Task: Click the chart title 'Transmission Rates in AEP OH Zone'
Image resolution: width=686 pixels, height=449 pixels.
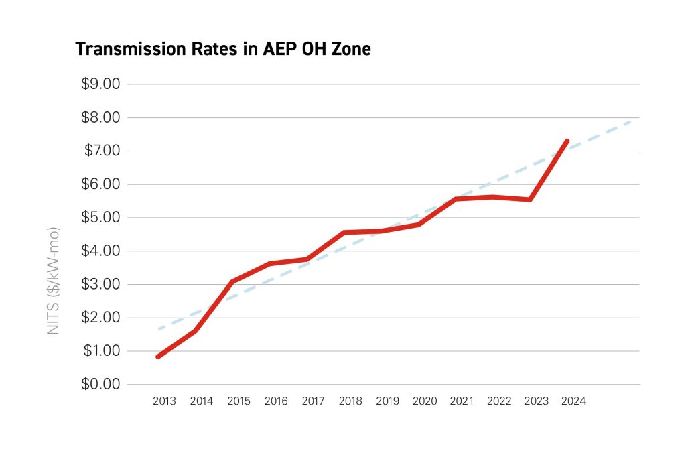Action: pos(222,49)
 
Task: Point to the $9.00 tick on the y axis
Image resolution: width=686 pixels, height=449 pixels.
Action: pos(101,84)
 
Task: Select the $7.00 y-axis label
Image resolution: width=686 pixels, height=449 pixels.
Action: pos(101,151)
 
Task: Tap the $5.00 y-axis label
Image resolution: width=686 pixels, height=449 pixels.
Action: pos(101,218)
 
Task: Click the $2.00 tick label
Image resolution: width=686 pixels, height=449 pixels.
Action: pos(101,318)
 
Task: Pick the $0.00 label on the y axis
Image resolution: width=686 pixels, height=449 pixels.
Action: pos(101,385)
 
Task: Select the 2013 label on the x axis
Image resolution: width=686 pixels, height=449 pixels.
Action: pos(164,402)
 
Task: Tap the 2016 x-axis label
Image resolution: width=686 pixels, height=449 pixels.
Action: pos(276,402)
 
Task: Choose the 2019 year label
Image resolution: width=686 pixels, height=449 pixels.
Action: pos(388,402)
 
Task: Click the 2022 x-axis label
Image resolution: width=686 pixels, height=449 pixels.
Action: pos(499,402)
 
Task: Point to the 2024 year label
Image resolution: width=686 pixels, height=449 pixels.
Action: pos(574,402)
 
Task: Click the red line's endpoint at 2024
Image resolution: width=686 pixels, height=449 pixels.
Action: pos(567,141)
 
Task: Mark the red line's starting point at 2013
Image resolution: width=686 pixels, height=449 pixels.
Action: pos(158,357)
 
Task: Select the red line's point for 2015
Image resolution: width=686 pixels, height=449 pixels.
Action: pos(232,281)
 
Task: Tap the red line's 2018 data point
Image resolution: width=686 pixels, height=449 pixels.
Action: pos(344,233)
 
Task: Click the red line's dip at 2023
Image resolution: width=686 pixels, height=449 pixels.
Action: pos(530,200)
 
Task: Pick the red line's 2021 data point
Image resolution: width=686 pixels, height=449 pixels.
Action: pos(456,199)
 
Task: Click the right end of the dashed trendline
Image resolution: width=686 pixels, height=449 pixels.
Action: pos(632,121)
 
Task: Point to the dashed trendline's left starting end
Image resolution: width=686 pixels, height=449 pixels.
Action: pos(159,328)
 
